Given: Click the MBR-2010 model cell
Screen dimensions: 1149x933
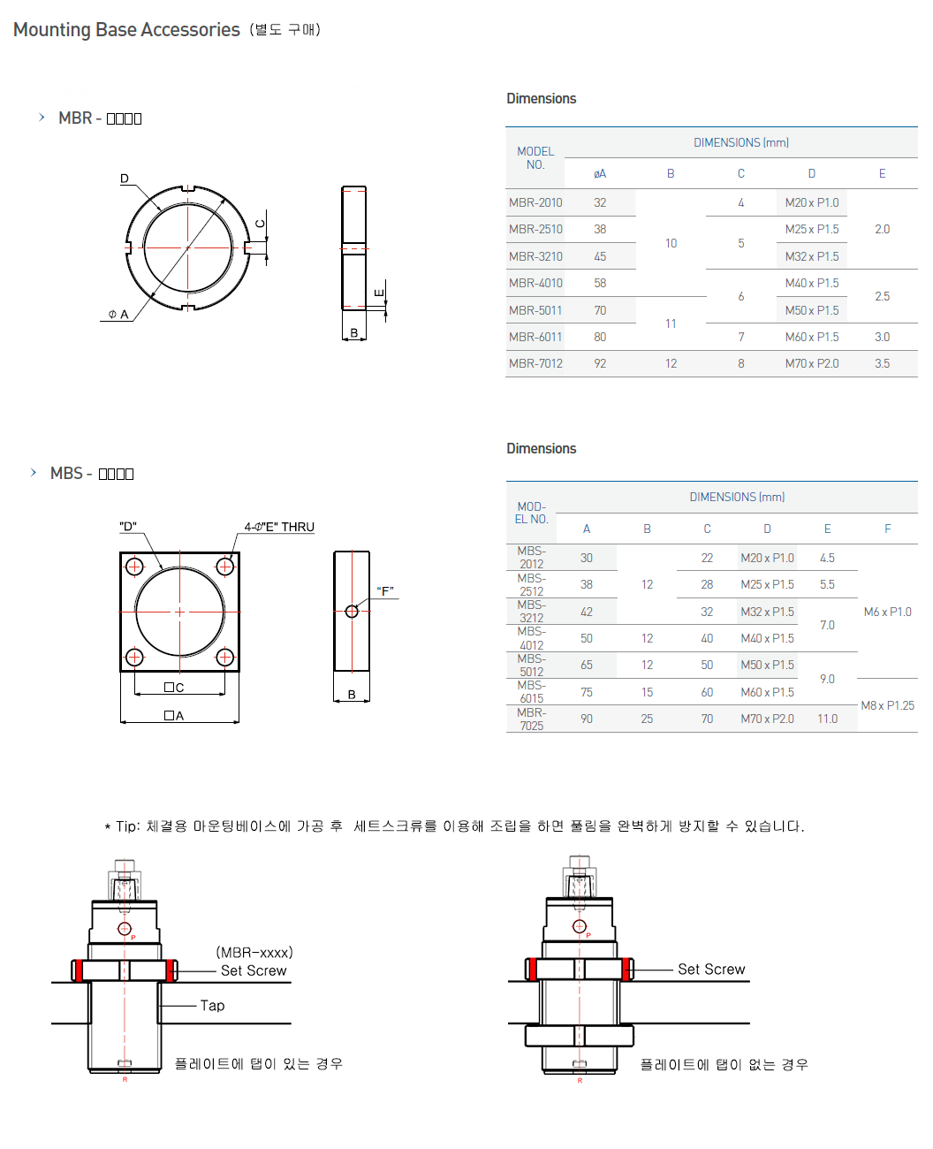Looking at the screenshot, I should [x=535, y=202].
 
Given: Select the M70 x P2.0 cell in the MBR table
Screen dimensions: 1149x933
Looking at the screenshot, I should [x=811, y=363].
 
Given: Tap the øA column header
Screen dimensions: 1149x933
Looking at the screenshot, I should [x=600, y=174].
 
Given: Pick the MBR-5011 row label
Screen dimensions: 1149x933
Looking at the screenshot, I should [x=535, y=310].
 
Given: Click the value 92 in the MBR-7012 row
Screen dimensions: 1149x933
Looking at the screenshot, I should [x=600, y=363].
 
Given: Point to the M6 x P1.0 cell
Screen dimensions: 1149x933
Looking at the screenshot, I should [x=887, y=612].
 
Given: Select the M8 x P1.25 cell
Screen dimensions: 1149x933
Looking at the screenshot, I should [x=887, y=705].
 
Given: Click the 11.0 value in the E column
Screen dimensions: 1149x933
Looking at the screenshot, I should [x=827, y=719].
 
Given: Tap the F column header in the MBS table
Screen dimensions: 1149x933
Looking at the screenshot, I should [x=887, y=529].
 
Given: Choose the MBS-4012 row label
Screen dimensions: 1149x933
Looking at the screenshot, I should [x=531, y=638].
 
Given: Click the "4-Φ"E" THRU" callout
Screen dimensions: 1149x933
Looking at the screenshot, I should [x=279, y=527].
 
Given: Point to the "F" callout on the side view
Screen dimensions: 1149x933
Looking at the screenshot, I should [x=385, y=590].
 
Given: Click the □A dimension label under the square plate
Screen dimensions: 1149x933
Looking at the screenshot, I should [x=174, y=716].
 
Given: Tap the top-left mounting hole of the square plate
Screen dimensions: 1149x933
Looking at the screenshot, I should [x=134, y=567].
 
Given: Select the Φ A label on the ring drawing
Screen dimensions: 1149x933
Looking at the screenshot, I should [x=118, y=314].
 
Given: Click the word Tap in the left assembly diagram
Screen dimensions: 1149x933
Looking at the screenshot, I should [x=212, y=1006].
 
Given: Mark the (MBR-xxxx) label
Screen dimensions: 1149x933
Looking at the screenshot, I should [x=254, y=953].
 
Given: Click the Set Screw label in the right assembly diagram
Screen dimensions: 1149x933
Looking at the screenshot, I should [x=711, y=970].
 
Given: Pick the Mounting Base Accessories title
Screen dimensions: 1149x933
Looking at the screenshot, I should [x=126, y=30].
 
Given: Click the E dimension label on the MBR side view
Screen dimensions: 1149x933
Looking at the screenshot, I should [x=379, y=293].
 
